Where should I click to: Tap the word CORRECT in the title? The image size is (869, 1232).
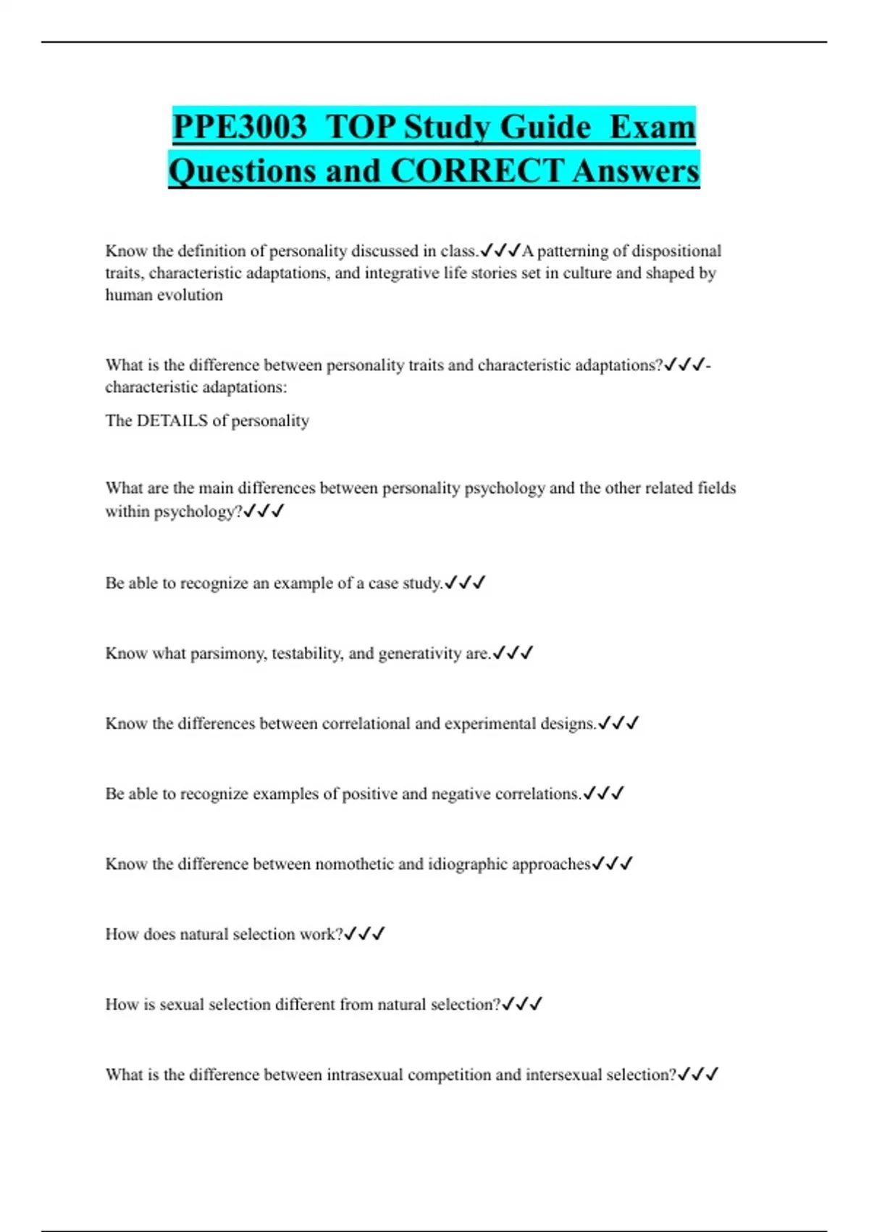point(477,171)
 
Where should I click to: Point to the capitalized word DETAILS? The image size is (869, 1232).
point(172,420)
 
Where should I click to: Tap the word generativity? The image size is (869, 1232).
point(420,653)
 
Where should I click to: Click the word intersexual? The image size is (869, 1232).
point(563,1074)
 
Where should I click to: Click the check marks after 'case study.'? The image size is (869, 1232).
point(464,583)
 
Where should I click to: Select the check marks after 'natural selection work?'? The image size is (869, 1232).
point(364,933)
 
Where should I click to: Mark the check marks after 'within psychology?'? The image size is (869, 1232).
point(264,511)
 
